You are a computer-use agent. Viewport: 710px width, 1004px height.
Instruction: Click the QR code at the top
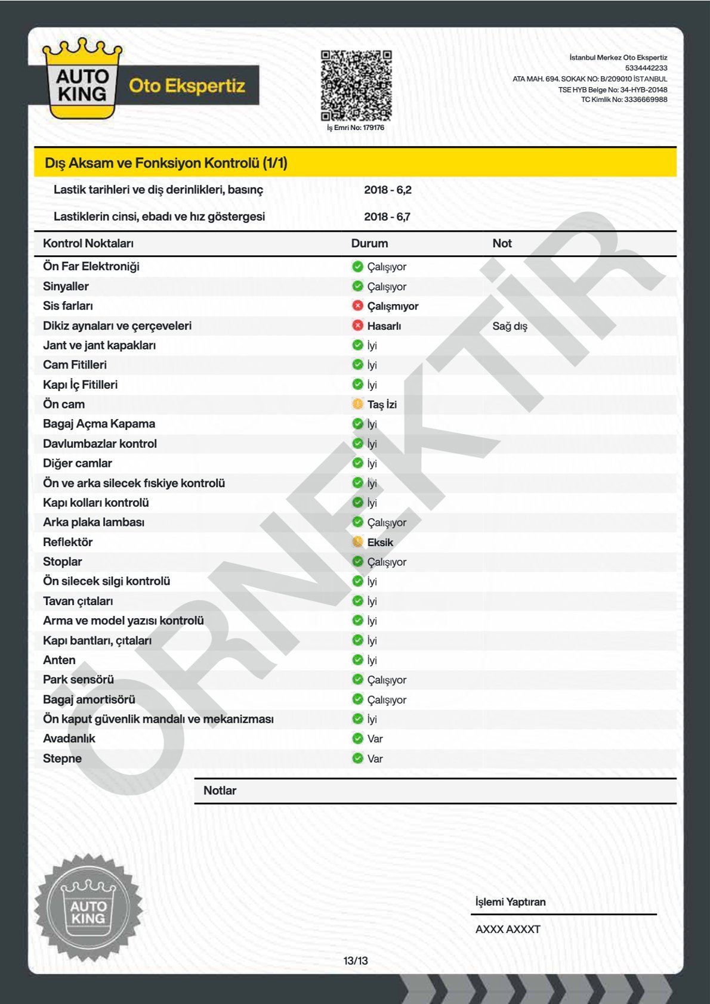click(x=356, y=85)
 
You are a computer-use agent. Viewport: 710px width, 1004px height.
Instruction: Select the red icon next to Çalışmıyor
click(x=357, y=306)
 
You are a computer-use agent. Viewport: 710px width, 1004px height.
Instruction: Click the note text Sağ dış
click(x=510, y=326)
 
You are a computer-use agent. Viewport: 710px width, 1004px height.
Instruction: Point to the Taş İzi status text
click(x=382, y=404)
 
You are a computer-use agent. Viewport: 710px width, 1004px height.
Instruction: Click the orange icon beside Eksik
click(x=357, y=542)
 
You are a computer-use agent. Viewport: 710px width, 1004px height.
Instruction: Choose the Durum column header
click(x=369, y=243)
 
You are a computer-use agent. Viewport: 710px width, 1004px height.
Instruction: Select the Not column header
click(x=502, y=243)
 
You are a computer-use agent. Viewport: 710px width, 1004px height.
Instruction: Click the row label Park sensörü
click(x=78, y=680)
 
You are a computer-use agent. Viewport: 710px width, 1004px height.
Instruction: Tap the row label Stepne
click(x=62, y=758)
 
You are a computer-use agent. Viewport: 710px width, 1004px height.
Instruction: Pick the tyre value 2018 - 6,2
click(x=388, y=190)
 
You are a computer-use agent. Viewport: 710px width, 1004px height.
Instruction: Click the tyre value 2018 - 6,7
click(x=387, y=217)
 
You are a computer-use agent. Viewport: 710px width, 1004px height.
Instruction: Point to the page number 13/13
click(x=356, y=960)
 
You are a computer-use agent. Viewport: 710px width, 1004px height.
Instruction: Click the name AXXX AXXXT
click(x=508, y=929)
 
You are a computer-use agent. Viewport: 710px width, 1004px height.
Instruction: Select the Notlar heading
click(x=220, y=791)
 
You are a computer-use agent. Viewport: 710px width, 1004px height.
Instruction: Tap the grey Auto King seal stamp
click(x=88, y=908)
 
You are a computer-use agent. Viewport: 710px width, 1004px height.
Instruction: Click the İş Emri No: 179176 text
click(x=356, y=128)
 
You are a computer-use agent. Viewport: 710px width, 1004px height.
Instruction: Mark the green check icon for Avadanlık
click(x=357, y=739)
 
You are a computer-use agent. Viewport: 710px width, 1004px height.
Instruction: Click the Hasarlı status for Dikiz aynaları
click(x=384, y=326)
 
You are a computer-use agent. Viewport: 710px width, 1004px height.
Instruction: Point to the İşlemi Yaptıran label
click(x=510, y=902)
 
